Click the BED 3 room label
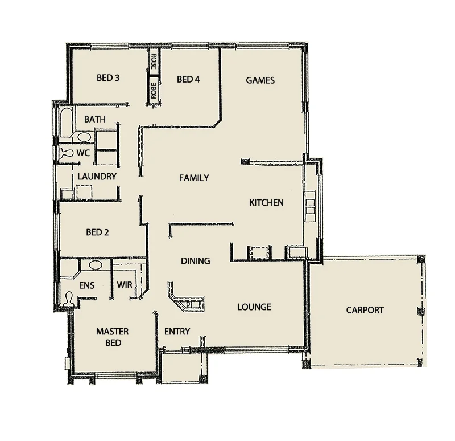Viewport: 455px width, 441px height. click(x=107, y=78)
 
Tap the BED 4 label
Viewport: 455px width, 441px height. click(x=188, y=80)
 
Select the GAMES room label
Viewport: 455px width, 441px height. click(x=260, y=80)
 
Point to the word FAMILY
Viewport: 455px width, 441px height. click(x=194, y=178)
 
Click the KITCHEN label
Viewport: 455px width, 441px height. click(x=266, y=202)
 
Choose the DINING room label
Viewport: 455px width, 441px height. click(x=196, y=261)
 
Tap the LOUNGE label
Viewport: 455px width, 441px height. click(x=254, y=307)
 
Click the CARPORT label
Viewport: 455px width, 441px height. click(x=365, y=310)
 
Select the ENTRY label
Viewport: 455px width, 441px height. click(x=177, y=331)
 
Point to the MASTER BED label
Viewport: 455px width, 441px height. click(x=112, y=337)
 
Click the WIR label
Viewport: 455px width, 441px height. click(x=125, y=285)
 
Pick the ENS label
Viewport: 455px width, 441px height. click(x=86, y=285)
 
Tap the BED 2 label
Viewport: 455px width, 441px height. click(x=97, y=232)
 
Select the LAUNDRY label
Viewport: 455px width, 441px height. click(x=97, y=177)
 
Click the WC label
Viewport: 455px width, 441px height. click(x=83, y=153)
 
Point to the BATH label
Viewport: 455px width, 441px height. click(x=94, y=119)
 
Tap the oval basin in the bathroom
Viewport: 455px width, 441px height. click(x=84, y=137)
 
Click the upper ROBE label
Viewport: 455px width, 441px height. click(x=154, y=60)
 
